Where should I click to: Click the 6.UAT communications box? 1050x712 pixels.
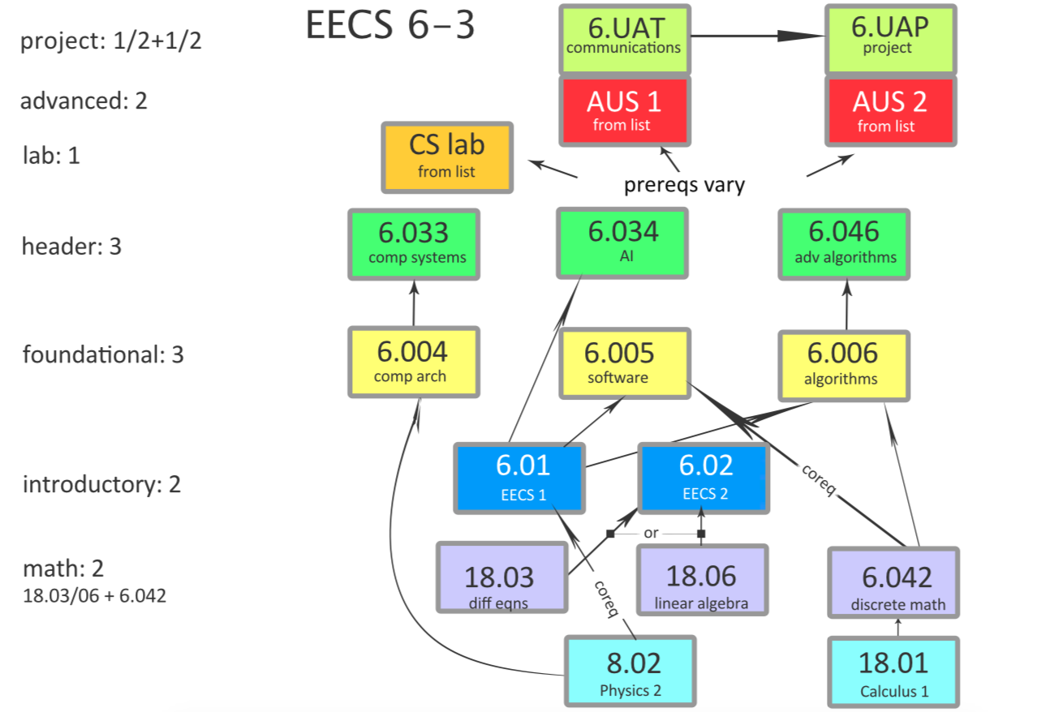point(624,38)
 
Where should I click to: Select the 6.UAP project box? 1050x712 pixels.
point(890,38)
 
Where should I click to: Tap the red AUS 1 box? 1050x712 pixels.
point(624,109)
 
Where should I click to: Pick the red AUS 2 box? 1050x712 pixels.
point(890,109)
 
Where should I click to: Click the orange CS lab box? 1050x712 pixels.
point(447,157)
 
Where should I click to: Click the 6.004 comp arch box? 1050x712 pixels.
point(414,362)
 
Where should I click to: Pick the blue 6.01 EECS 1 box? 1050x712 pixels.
point(519,478)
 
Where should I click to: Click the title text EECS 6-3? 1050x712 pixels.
point(390,27)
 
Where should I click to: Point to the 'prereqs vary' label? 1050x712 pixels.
point(684,185)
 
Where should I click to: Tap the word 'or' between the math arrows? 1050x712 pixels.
point(651,534)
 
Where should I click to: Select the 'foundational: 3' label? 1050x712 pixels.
point(103,354)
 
